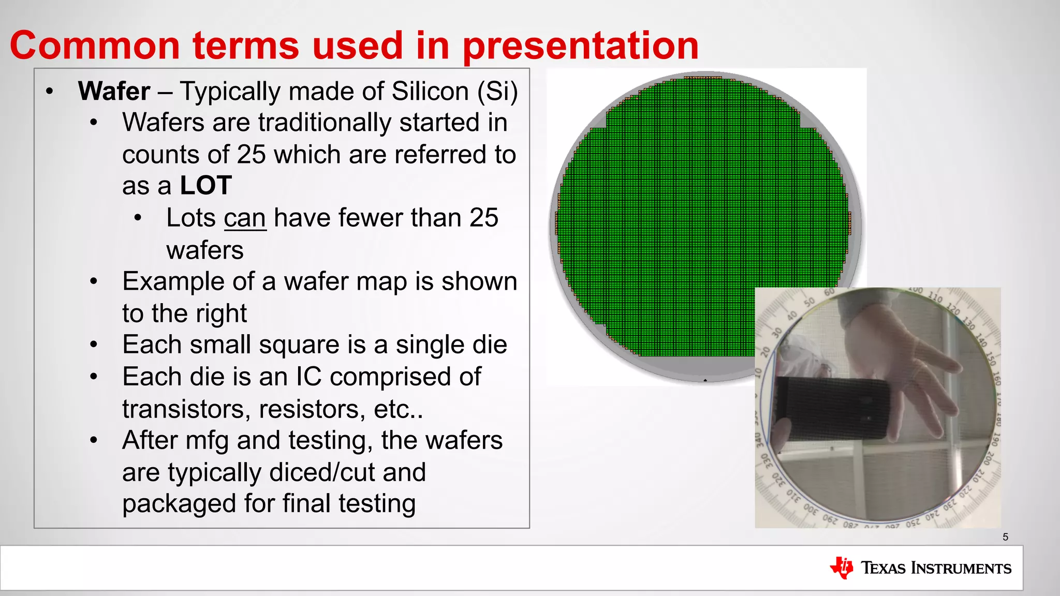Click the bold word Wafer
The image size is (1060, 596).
114,92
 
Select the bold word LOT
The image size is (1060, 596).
205,186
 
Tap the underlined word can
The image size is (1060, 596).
245,218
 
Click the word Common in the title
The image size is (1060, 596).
95,46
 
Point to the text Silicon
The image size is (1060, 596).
430,92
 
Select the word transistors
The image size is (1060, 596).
183,409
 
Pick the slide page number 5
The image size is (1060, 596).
1005,537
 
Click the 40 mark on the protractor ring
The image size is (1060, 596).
792,316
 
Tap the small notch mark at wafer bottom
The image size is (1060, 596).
705,380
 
